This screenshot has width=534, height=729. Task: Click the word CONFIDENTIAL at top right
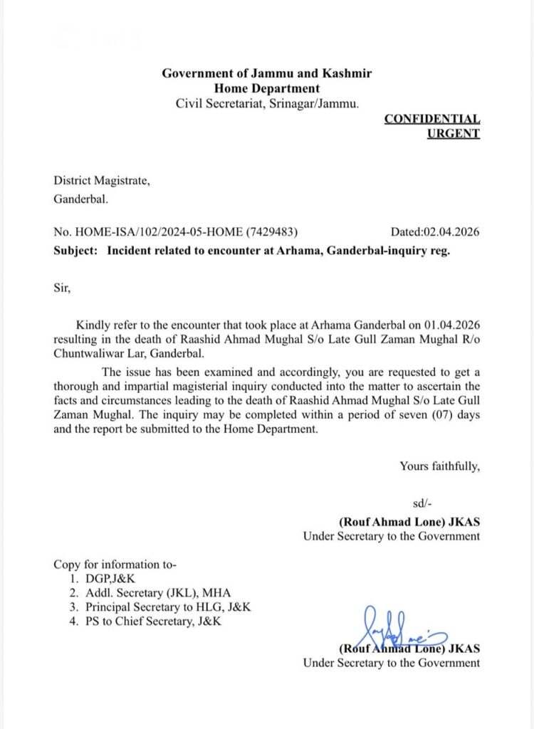point(431,119)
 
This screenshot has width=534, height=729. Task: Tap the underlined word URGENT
point(453,133)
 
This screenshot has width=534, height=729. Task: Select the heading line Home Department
point(267,88)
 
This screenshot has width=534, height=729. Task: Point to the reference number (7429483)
point(271,231)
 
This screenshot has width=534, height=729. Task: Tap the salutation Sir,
point(63,289)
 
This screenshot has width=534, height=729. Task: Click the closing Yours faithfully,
point(439,466)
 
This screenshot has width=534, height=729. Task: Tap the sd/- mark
point(422,504)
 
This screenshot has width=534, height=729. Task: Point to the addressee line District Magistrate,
point(102,181)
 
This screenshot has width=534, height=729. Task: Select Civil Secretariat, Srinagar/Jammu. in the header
point(267,103)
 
